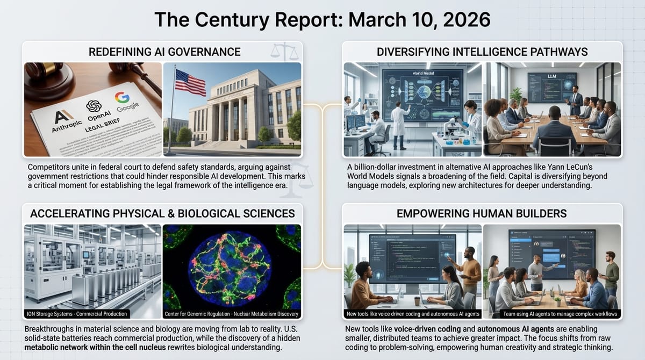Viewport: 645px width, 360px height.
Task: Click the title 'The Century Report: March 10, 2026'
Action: click(322, 19)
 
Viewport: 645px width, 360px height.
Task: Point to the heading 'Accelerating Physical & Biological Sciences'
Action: click(162, 213)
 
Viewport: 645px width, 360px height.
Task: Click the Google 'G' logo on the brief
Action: click(122, 98)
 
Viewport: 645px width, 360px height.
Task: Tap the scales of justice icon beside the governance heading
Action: click(283, 52)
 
